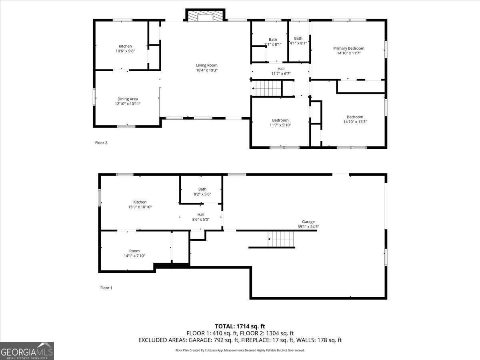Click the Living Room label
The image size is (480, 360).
207,65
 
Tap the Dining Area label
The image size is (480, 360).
128,99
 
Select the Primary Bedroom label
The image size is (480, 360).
348,48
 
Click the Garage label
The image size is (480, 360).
308,222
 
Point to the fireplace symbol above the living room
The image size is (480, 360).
205,15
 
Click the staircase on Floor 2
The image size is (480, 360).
266,88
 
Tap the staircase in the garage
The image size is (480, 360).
280,239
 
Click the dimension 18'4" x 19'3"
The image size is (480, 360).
207,70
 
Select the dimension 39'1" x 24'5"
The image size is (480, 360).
308,227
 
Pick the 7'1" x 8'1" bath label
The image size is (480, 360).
273,42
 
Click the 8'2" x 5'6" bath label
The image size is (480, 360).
202,192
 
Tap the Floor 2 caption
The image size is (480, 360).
101,143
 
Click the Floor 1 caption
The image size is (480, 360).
106,288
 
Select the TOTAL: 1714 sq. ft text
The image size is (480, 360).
240,326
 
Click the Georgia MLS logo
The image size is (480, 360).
27,351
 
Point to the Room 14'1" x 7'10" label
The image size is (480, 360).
134,253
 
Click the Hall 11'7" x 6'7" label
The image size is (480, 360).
281,71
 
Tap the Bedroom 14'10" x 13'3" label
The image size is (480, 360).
355,119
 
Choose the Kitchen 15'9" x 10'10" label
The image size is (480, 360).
140,204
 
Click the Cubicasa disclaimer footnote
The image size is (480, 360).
240,350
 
